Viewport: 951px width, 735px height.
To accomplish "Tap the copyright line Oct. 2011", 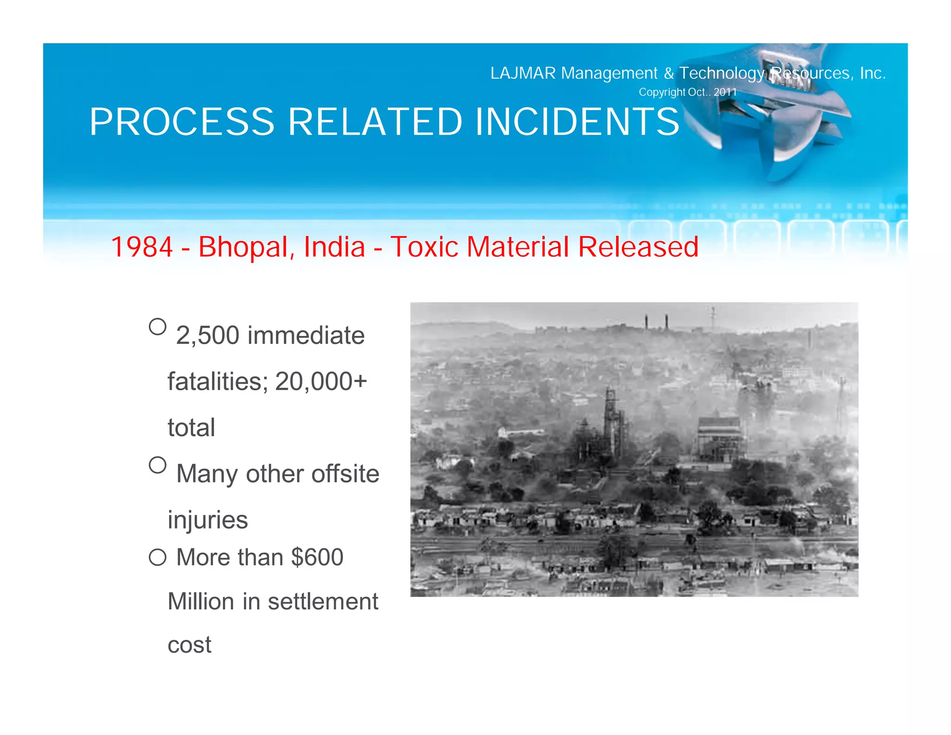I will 688,92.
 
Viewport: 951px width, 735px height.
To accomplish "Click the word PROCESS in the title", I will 182,122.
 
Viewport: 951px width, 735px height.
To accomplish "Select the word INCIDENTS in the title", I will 577,122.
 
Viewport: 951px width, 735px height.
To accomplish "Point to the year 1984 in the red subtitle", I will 142,247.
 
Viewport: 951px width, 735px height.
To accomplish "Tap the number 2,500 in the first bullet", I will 208,335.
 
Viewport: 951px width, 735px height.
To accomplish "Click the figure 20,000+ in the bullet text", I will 321,382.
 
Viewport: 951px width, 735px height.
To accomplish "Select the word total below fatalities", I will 191,428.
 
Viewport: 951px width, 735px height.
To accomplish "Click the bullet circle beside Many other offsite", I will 158,465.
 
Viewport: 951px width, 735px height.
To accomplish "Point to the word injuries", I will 208,520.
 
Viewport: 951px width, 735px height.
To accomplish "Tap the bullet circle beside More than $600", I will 158,557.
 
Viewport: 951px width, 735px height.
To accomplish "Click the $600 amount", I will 317,557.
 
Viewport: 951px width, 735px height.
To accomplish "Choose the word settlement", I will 323,602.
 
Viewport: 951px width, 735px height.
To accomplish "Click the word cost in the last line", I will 189,645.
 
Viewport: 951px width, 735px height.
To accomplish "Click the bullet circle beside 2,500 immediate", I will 158,327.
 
